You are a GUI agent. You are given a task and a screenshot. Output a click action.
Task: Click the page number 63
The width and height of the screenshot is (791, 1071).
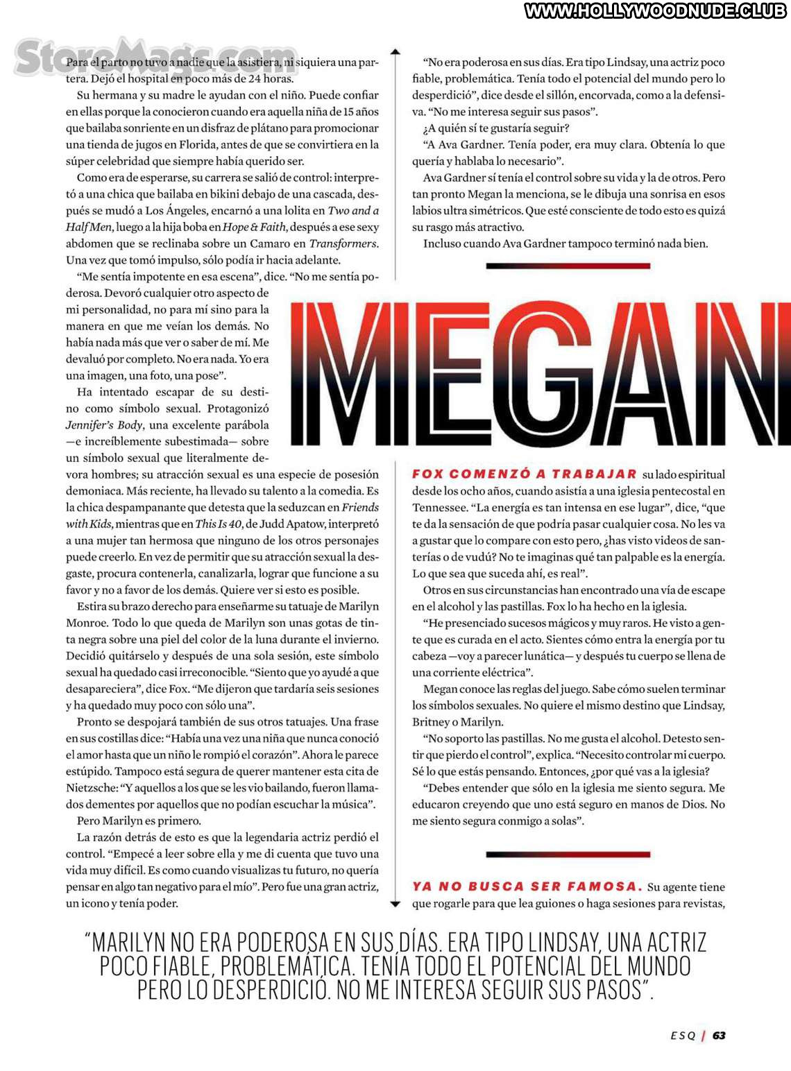[719, 1035]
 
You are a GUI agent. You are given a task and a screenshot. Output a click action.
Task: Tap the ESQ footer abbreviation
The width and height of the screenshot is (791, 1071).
[683, 1035]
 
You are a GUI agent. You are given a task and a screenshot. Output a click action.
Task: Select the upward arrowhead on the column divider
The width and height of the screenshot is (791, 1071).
[395, 52]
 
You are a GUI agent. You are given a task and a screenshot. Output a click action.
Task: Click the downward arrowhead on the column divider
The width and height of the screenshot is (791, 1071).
[395, 904]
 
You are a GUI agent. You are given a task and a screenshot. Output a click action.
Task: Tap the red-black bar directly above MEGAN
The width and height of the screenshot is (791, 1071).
[568, 266]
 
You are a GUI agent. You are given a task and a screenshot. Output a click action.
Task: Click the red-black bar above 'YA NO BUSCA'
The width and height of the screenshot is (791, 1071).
[568, 854]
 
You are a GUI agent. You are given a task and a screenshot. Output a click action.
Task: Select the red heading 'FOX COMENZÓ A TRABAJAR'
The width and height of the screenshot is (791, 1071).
[524, 474]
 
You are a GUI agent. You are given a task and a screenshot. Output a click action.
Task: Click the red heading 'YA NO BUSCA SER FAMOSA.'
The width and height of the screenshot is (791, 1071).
[527, 886]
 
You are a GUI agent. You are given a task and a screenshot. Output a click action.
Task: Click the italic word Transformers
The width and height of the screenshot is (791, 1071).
[343, 243]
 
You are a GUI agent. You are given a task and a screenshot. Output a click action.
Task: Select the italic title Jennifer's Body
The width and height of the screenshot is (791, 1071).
[104, 425]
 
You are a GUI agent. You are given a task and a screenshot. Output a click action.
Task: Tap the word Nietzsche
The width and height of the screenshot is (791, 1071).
[92, 787]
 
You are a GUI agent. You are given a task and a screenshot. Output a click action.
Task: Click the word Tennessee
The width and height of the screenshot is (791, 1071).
[439, 507]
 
